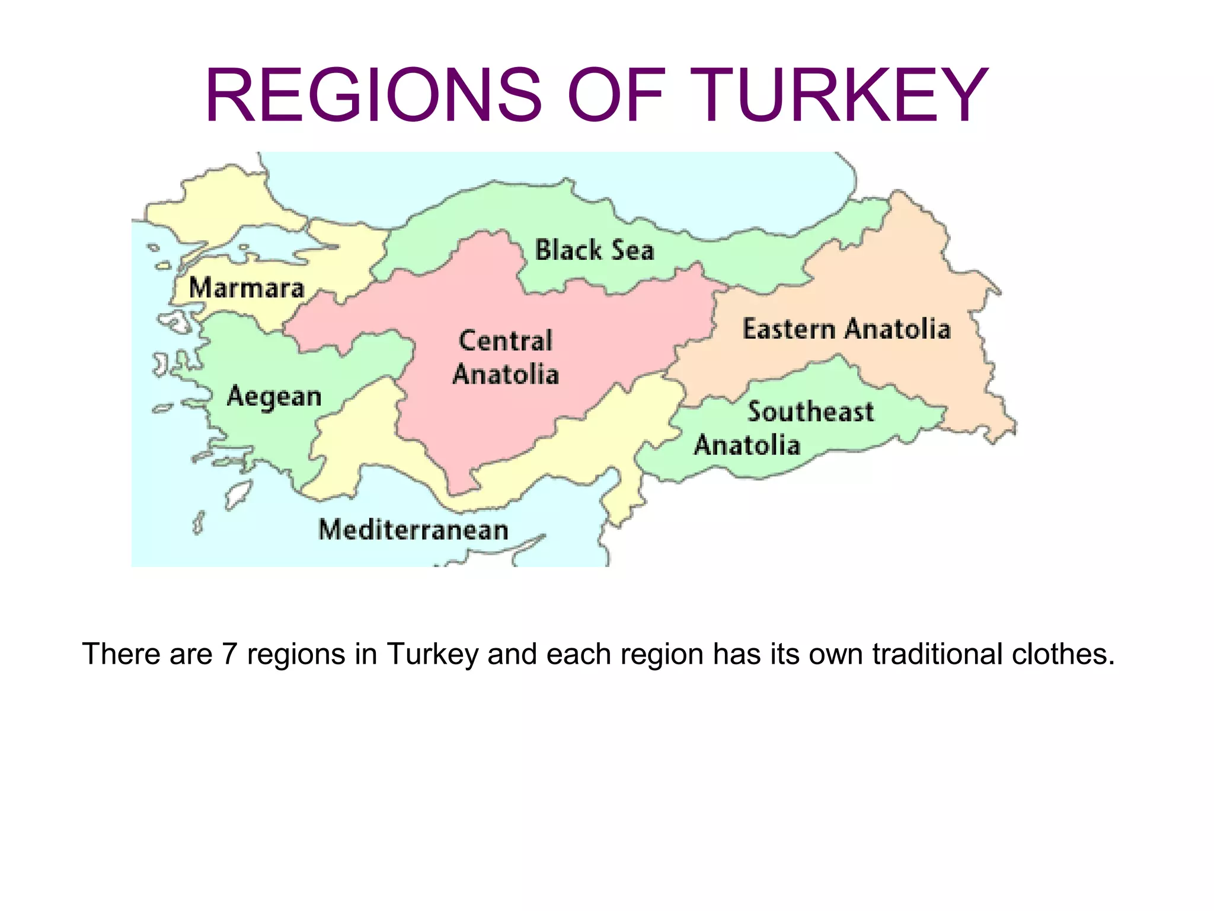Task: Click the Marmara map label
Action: (247, 288)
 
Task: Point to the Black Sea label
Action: (595, 250)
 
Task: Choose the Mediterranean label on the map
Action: (413, 530)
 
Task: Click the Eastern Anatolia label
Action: (846, 329)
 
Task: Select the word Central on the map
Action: (506, 341)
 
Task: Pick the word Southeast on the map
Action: (810, 412)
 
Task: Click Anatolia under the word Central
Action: (506, 375)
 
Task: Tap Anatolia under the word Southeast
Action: (747, 445)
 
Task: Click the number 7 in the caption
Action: (229, 654)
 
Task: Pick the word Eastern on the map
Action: (789, 329)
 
